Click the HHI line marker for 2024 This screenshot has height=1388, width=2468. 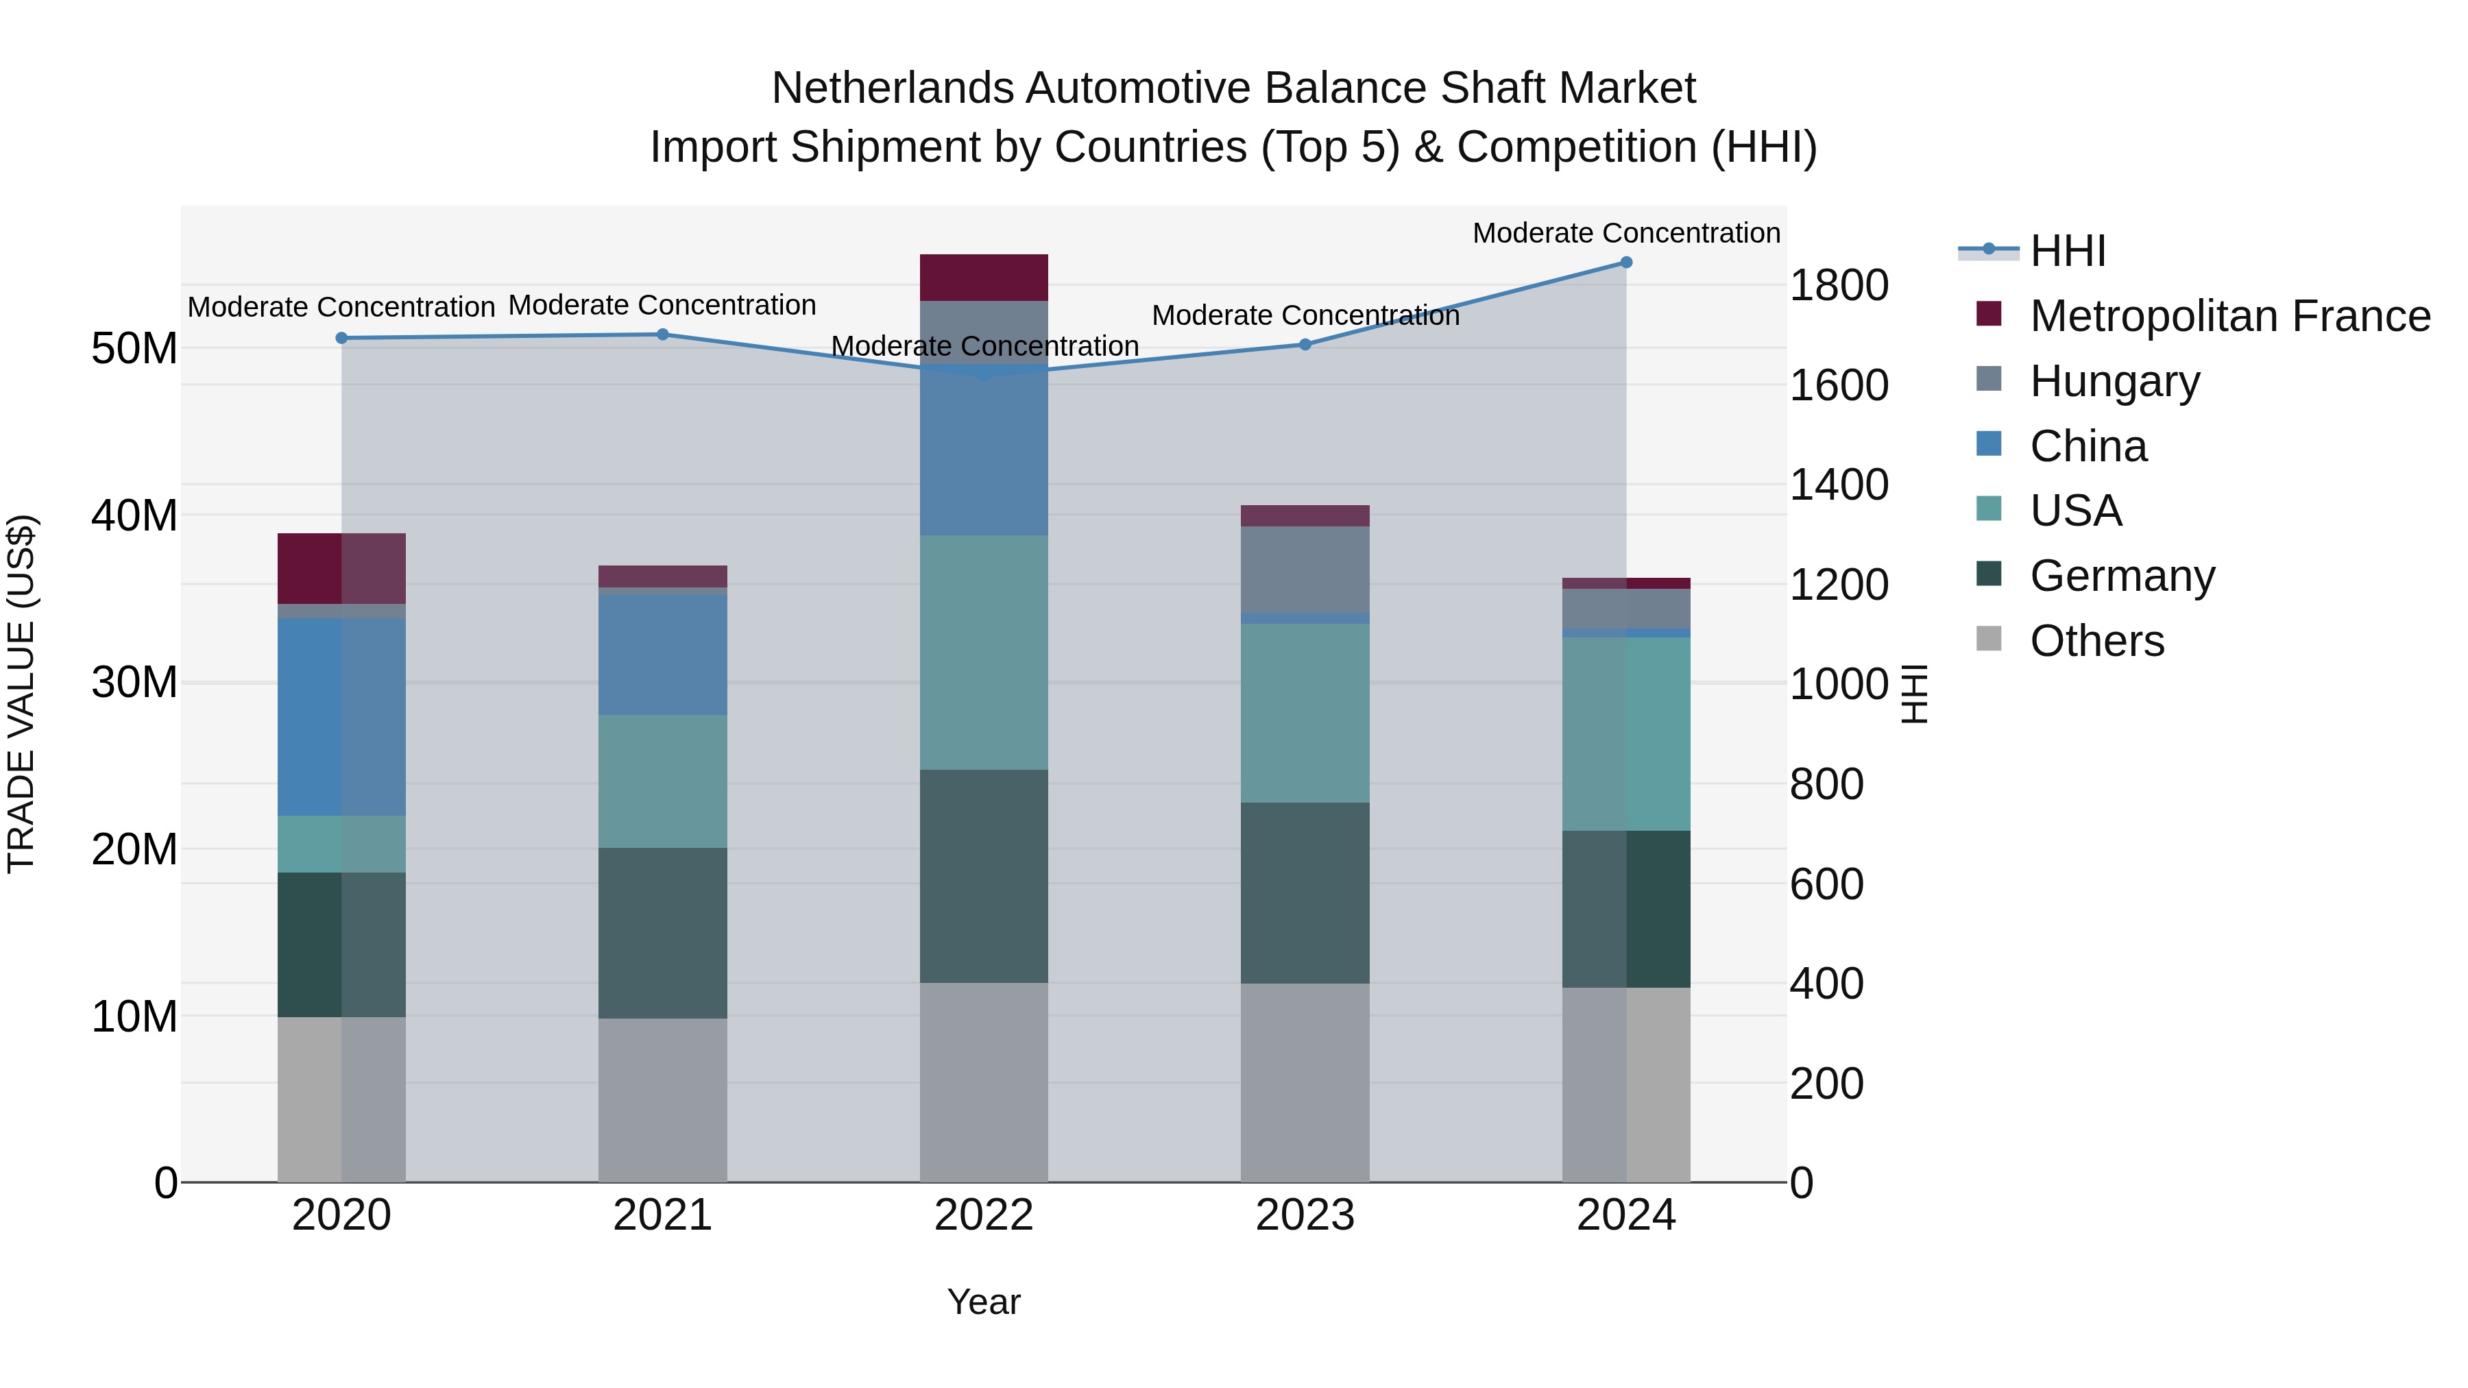tap(1626, 263)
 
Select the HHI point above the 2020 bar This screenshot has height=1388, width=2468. tap(341, 338)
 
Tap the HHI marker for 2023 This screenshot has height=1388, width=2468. tap(1305, 344)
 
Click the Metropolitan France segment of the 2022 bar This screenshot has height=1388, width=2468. tap(984, 278)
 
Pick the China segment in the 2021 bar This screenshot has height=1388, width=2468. tap(662, 655)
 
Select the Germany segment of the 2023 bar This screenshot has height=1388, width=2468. tap(1305, 892)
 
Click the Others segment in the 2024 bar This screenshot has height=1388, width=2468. tap(1626, 1084)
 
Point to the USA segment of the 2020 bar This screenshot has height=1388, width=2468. tap(341, 844)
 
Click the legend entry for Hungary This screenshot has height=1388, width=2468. tap(2114, 381)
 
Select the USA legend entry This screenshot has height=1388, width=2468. tap(2075, 511)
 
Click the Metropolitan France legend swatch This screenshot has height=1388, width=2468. tap(1989, 314)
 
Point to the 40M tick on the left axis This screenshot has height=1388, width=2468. tap(134, 515)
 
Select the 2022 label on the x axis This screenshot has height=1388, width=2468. tap(984, 1215)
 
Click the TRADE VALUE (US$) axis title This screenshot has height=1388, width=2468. tap(21, 694)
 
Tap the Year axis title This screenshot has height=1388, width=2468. tap(984, 1302)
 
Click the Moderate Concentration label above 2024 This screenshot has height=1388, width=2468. tap(1626, 233)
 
